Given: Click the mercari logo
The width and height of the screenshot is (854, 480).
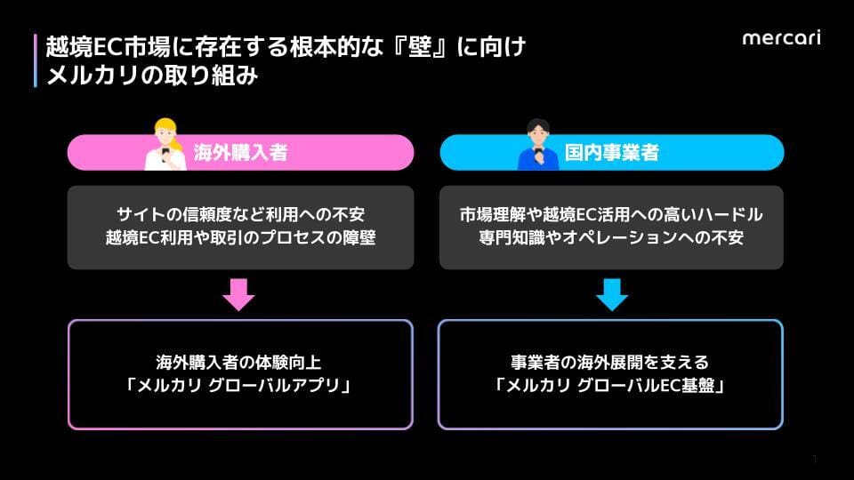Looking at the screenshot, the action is point(782,37).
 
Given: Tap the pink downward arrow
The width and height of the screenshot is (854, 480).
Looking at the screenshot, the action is point(238,294).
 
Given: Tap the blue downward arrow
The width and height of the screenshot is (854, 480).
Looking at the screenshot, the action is point(612,294).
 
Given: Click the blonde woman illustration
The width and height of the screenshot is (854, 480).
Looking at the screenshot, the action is point(165,144).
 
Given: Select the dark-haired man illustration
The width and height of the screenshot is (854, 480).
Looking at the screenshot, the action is point(538,144).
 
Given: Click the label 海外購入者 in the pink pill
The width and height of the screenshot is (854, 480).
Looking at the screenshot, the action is point(240,152).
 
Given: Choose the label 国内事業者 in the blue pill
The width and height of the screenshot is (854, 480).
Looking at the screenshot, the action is point(612,152).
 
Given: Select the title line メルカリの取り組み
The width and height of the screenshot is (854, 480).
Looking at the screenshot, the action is point(152,75).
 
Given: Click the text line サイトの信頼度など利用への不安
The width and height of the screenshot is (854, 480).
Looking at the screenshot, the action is point(240,214).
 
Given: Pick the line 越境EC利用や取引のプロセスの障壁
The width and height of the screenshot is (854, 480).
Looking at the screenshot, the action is point(240,238).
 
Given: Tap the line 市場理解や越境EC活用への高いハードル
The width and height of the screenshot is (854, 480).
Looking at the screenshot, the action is point(611,214).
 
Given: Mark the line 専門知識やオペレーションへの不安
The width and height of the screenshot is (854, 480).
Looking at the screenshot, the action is point(611,238).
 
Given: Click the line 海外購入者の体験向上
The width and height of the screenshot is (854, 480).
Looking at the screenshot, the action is point(238,363).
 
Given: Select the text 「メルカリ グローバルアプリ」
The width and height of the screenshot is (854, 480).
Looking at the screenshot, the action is point(238,386).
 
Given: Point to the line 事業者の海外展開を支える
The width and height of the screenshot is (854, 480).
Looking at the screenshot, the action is point(610,363).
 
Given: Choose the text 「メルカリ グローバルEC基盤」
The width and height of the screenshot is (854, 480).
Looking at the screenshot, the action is point(610,386).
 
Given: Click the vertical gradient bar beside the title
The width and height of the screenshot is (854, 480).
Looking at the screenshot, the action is point(36,60).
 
